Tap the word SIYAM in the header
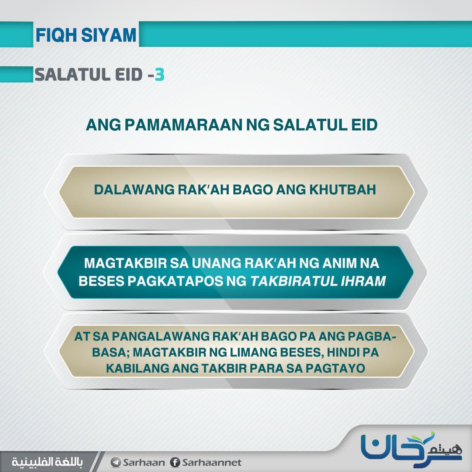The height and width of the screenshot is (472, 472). (x=109, y=35)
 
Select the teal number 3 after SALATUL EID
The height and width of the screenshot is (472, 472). (x=160, y=75)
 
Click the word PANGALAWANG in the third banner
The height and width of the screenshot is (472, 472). (x=160, y=337)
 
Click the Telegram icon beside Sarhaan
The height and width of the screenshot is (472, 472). (x=116, y=462)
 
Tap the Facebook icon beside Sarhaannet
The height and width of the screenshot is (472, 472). (x=175, y=462)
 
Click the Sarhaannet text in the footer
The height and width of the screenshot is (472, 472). (x=212, y=462)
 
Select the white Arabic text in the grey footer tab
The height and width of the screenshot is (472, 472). (x=47, y=462)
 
